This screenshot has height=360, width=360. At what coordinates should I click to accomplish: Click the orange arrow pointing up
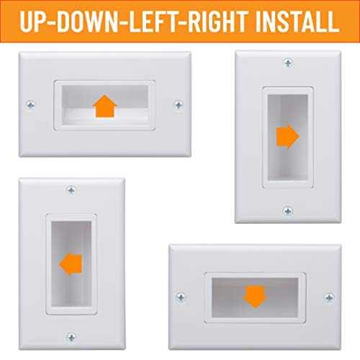(105, 107)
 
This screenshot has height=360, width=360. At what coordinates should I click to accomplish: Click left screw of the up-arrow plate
(30, 105)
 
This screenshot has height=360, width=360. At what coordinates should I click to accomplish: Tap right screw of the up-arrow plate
(179, 105)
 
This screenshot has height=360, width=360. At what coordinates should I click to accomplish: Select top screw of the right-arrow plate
(288, 63)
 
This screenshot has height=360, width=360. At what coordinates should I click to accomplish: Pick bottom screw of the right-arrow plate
(288, 211)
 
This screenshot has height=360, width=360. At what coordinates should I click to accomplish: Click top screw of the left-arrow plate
(71, 190)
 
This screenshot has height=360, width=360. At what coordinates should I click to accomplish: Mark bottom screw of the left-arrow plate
(71, 337)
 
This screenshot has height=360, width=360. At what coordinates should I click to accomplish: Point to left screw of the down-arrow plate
(181, 296)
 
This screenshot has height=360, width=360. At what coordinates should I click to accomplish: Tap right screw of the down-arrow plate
(329, 296)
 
